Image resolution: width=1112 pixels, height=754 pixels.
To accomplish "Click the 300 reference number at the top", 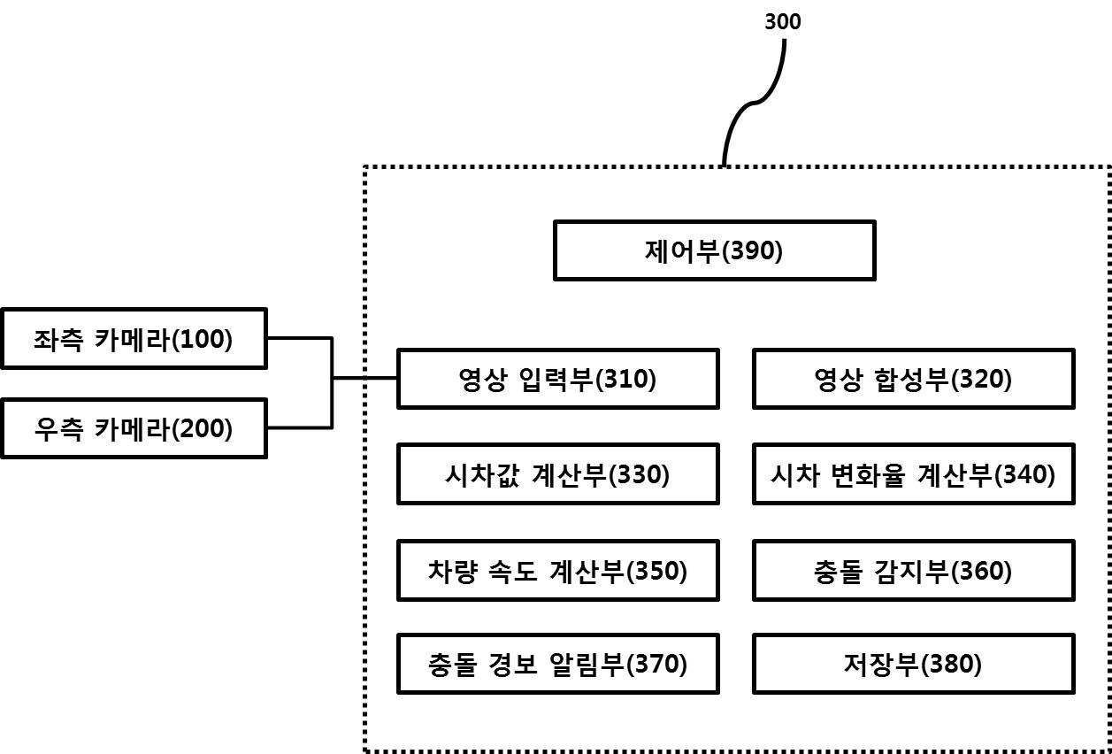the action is (782, 22).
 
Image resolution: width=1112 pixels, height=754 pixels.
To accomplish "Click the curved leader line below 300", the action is (753, 103).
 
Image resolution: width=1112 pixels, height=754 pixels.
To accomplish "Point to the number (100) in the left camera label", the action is (202, 339).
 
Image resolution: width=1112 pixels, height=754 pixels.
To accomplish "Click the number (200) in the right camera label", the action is (202, 428).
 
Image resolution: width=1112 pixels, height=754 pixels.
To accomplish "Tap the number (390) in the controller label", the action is (752, 250).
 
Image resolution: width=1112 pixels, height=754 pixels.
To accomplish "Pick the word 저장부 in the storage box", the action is (882, 664).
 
